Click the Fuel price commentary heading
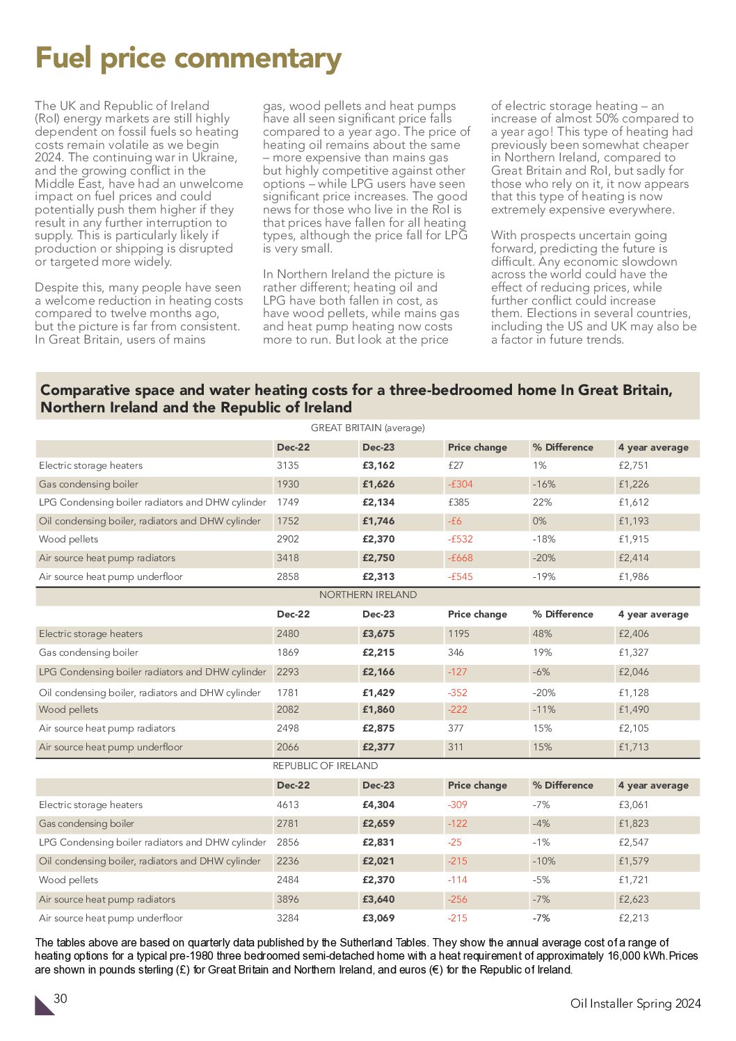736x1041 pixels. click(x=188, y=58)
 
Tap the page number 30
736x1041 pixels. click(x=61, y=999)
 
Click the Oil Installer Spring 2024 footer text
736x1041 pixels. click(x=635, y=1003)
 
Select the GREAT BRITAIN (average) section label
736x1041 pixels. click(x=367, y=428)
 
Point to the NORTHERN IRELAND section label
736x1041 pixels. click(x=367, y=595)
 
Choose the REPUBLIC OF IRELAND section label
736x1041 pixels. click(x=325, y=766)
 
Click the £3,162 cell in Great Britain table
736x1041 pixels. click(x=378, y=465)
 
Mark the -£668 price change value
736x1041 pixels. click(x=460, y=558)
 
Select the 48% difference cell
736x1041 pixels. click(x=542, y=634)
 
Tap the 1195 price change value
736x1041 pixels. click(x=458, y=634)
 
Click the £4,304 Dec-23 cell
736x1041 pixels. click(x=378, y=805)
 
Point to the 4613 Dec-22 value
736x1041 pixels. click(x=287, y=805)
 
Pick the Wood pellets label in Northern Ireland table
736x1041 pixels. click(x=68, y=709)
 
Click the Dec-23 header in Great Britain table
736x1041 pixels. click(x=378, y=447)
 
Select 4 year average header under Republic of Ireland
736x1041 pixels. click(x=653, y=785)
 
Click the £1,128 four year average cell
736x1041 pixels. click(x=633, y=693)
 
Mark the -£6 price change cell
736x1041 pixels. click(x=454, y=521)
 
